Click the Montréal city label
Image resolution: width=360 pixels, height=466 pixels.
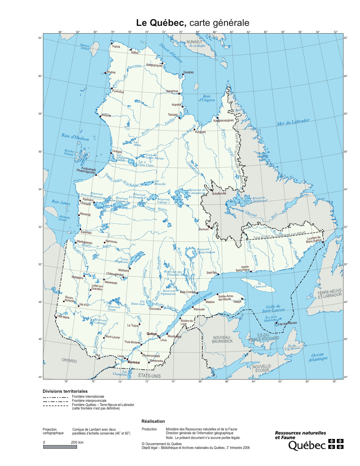coord(134,362)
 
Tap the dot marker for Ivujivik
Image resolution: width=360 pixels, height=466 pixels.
coord(112,44)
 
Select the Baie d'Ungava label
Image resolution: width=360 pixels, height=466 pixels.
coord(207,98)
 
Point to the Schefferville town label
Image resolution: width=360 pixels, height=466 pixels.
coord(219,194)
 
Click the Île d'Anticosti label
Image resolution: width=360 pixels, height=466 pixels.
coord(260,285)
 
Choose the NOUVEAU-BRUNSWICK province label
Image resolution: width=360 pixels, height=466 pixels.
coord(222,339)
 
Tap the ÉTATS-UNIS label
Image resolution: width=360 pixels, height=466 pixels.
coord(149,376)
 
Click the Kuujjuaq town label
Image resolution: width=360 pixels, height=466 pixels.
coord(200,132)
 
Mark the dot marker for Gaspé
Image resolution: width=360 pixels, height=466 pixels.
coord(242,299)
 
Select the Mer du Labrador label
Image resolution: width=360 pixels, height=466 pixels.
coord(293,122)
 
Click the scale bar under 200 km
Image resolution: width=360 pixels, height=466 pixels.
coord(60,447)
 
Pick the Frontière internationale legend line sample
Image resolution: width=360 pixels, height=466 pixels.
coord(56,397)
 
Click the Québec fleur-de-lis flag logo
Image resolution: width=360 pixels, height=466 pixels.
coord(336,444)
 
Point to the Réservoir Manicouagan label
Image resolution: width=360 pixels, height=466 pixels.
coord(206,251)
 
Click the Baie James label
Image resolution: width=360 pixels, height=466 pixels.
coord(61,202)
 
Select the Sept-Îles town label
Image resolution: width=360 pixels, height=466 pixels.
coord(211,273)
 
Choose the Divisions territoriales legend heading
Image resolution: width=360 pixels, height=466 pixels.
coord(65,391)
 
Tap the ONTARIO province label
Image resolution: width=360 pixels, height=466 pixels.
coord(69,361)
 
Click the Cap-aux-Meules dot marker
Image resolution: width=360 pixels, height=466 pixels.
coord(276,323)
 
